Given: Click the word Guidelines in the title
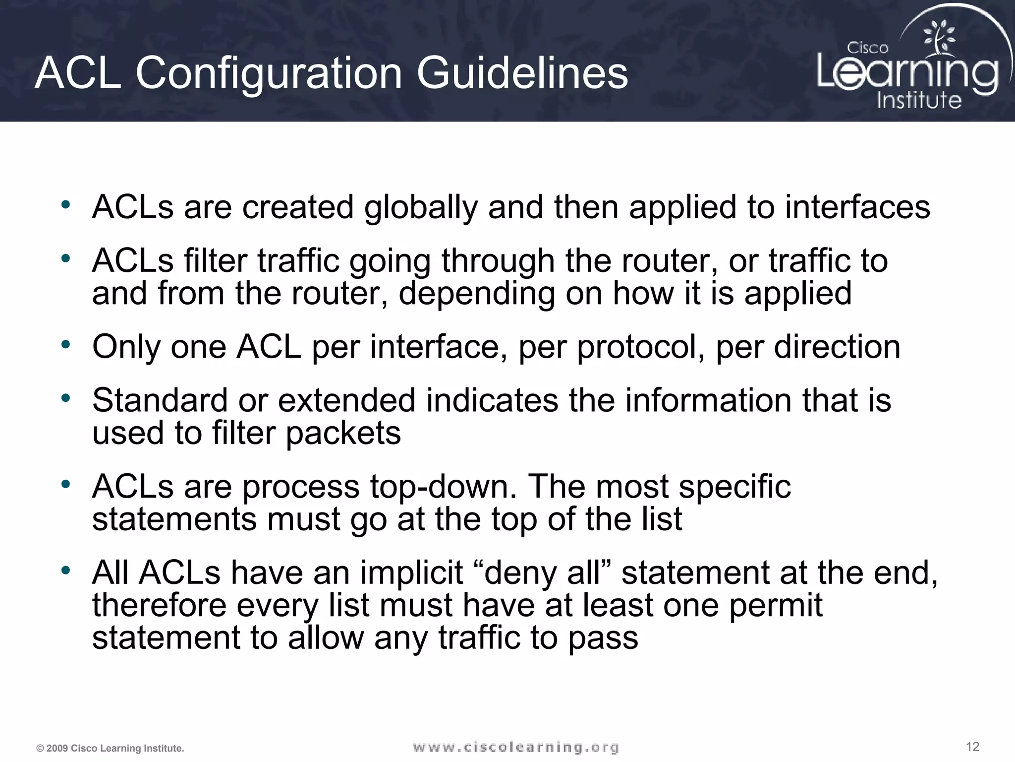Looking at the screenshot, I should click(522, 73).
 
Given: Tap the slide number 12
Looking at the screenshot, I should click(972, 747).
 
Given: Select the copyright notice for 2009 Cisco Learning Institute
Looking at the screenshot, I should click(110, 748).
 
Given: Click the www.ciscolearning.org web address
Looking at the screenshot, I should click(515, 747).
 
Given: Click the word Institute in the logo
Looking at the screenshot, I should click(919, 100).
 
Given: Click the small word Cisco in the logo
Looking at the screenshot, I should click(867, 48).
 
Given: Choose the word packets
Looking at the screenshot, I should click(343, 434).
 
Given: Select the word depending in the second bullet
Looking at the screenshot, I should click(477, 294).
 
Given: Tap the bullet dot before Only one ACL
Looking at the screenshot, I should click(66, 344).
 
